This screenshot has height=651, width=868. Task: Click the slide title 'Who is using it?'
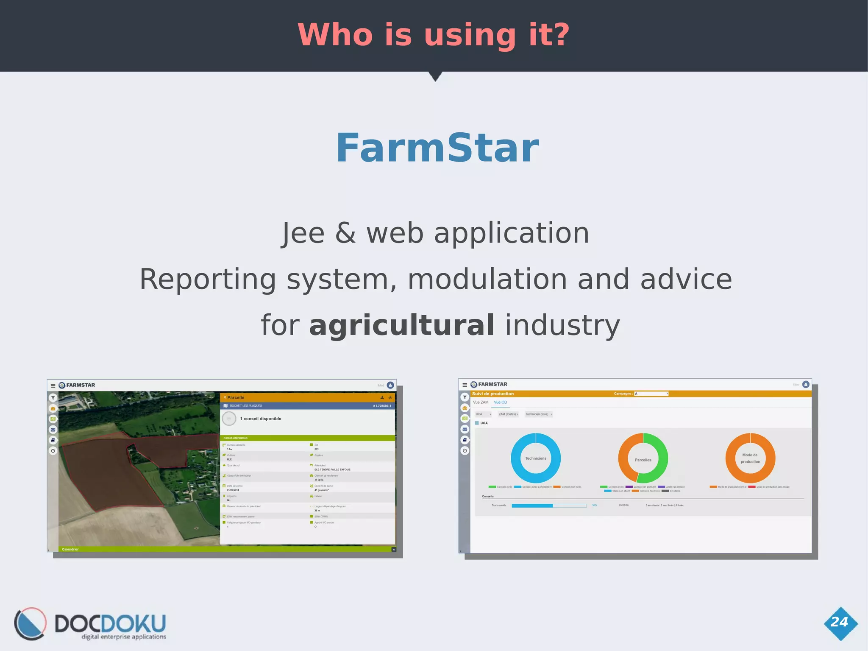pos(434,35)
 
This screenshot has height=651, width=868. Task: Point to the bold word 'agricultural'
pos(401,325)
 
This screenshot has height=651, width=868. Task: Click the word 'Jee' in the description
pos(303,234)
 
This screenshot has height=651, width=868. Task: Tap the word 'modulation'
pos(487,279)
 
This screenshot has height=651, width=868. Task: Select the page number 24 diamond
pos(840,623)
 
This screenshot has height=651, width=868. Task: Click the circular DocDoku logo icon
pos(30,623)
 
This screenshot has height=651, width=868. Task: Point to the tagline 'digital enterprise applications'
pos(124,637)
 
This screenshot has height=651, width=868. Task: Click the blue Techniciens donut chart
pos(536,458)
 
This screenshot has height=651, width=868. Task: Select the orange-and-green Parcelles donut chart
pos(643,458)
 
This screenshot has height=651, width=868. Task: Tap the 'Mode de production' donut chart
pos(750,458)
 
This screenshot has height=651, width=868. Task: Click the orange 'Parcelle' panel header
pos(236,397)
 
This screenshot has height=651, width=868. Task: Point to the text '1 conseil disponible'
pos(260,419)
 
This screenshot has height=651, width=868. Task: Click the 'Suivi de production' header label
pos(493,394)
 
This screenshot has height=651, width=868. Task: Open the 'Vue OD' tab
pos(500,402)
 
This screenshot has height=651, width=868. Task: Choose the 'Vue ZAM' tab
pos(481,402)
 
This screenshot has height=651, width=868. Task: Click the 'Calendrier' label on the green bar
pos(70,549)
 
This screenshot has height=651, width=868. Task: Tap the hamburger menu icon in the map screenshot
pos(53,386)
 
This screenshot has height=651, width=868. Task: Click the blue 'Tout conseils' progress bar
pos(548,506)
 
